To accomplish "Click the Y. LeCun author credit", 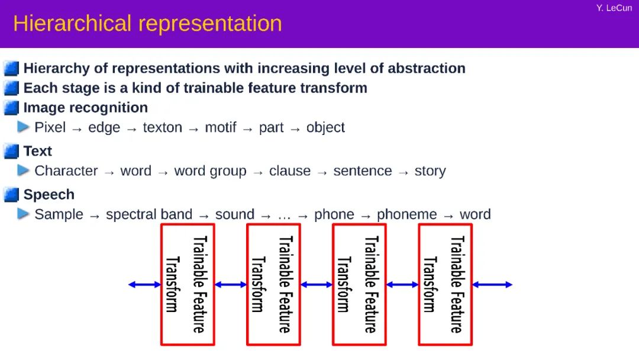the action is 614,8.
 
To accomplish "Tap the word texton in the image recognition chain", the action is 162,127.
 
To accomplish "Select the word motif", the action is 220,127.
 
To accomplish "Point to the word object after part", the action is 325,127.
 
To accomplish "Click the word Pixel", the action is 50,127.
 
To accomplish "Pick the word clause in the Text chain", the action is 290,171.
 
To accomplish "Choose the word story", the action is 430,171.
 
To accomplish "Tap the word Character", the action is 66,171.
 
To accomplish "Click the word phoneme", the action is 407,214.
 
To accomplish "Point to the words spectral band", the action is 149,214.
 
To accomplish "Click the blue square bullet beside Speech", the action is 11,195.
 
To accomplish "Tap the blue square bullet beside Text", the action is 11,152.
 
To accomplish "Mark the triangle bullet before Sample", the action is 24,214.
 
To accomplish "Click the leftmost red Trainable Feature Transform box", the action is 187,284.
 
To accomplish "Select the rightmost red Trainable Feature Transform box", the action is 445,284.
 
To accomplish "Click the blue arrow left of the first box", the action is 144,285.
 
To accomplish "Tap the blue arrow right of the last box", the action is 492,285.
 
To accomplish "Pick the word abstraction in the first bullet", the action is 426,69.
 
